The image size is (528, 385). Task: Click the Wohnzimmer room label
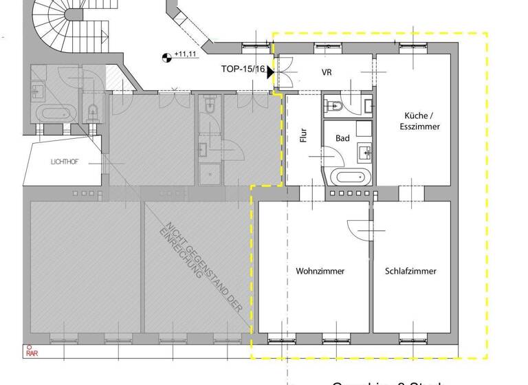point(320,271)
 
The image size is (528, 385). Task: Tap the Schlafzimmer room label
point(410,271)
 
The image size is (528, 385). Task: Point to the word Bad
point(342,138)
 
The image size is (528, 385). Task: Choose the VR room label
point(327,71)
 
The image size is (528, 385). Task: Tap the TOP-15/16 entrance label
point(243,69)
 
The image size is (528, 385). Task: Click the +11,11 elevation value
point(186,54)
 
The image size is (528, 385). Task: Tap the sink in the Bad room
point(364,152)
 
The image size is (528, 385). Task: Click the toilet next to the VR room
point(336,106)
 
